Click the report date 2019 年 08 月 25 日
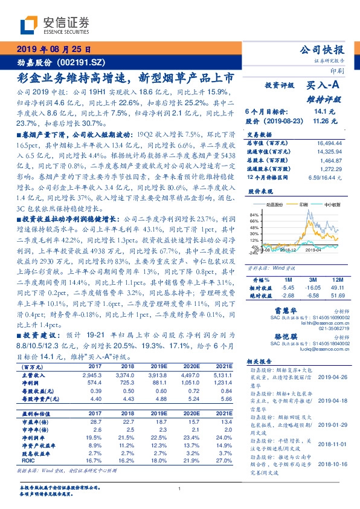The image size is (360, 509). click(53, 49)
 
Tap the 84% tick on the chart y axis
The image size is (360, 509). click(253, 215)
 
